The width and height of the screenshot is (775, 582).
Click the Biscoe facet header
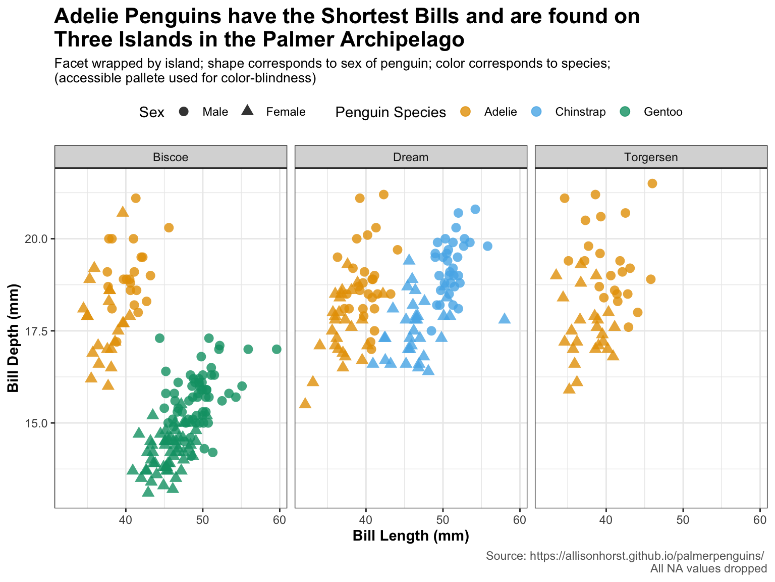(x=171, y=157)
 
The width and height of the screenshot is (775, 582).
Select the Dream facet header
(x=411, y=157)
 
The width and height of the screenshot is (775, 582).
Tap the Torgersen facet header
(x=651, y=157)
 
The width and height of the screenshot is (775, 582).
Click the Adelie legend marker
(x=466, y=112)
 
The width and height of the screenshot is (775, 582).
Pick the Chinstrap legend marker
(x=537, y=112)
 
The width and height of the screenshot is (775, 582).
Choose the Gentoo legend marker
(x=626, y=112)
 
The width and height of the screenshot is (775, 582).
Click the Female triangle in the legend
(x=247, y=111)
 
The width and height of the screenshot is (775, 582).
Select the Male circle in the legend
(x=184, y=112)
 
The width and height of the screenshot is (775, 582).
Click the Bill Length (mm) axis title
(x=411, y=536)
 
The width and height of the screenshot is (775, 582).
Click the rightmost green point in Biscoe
(x=276, y=349)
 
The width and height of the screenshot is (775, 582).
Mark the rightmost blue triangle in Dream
(x=505, y=318)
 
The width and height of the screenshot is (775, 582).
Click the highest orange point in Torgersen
(x=652, y=183)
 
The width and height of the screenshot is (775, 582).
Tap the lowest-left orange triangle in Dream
(x=305, y=403)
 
